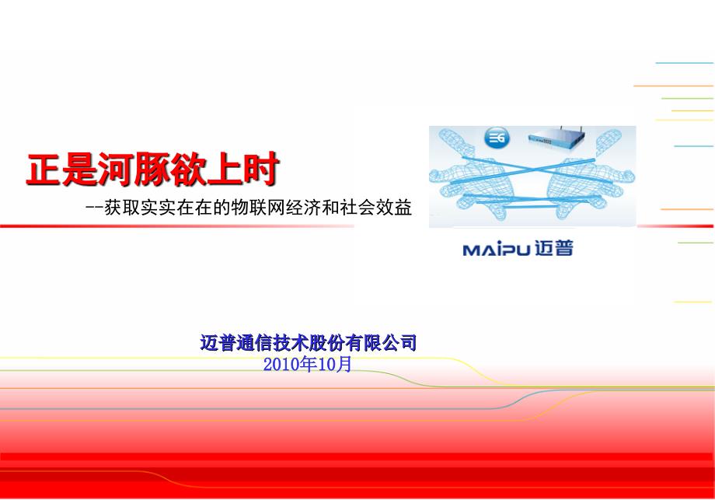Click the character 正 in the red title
pos(44,170)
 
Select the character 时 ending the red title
pos(261,170)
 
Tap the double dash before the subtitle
pos(94,208)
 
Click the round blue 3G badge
pos(497,138)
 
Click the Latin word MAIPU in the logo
pos(497,250)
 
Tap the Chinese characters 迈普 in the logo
pos(553,249)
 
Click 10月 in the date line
pos(335,365)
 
